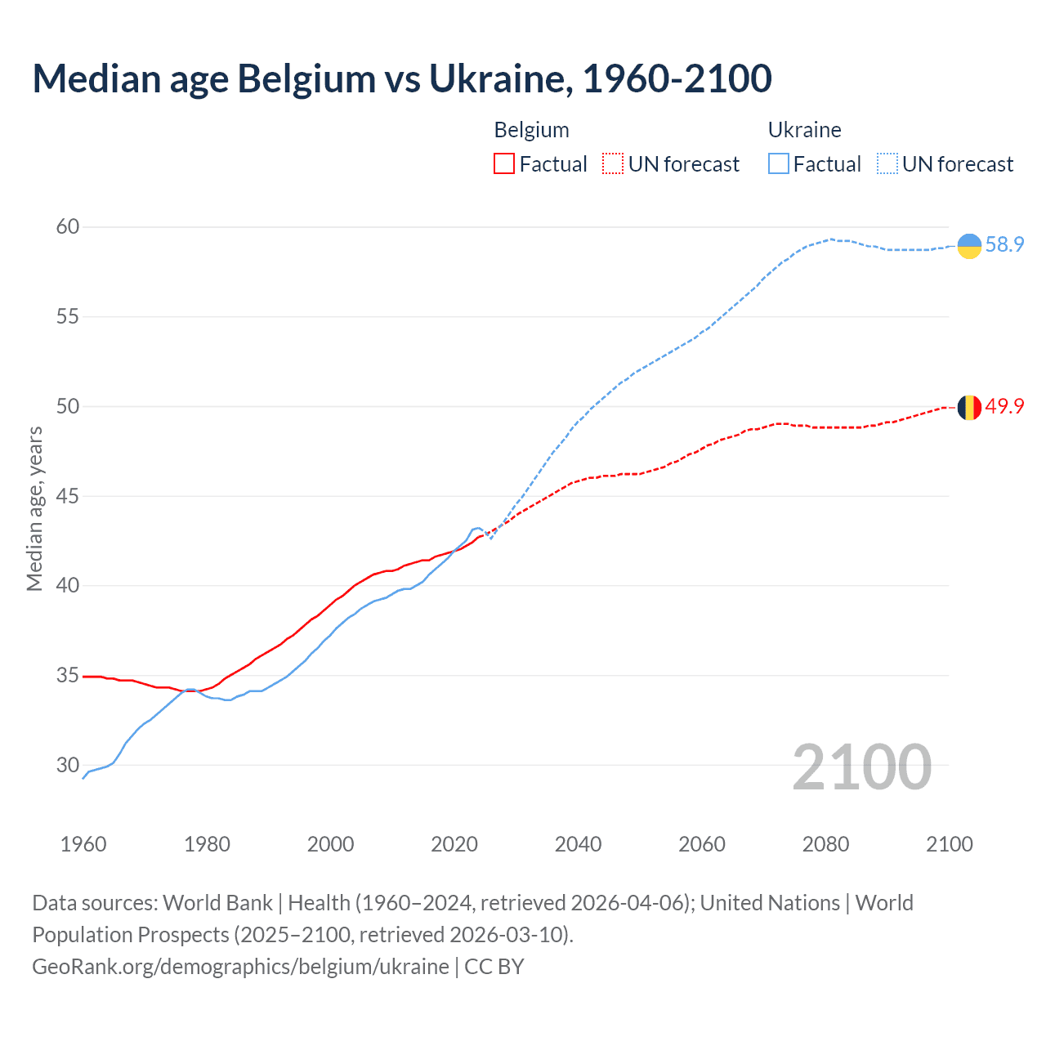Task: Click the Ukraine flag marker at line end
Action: click(969, 245)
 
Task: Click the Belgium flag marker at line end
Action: click(969, 407)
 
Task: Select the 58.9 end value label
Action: click(1004, 244)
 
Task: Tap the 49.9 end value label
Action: click(1004, 406)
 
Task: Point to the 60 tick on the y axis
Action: click(68, 226)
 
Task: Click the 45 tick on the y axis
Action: click(68, 496)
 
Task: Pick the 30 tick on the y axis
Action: click(68, 765)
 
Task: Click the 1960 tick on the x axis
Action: click(83, 844)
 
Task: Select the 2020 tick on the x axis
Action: click(454, 844)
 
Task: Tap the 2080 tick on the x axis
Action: click(825, 844)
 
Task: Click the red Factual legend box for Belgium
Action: click(504, 164)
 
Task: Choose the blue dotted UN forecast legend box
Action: click(887, 164)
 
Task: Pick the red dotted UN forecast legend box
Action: click(613, 164)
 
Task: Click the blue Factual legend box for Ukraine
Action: click(779, 164)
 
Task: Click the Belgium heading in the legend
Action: click(531, 130)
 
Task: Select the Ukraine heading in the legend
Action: click(804, 130)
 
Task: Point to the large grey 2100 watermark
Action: click(861, 767)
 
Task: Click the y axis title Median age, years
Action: click(34, 508)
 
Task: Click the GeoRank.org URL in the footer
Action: click(240, 966)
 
